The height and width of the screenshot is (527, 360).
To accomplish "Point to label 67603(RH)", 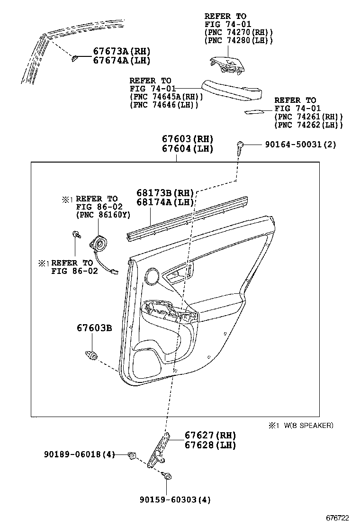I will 187,139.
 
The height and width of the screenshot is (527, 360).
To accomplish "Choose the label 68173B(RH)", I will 165,193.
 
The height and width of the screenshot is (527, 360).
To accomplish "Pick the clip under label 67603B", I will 92,354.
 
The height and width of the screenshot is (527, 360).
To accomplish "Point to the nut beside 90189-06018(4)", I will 132,456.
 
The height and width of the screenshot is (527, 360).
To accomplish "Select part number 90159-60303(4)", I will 175,500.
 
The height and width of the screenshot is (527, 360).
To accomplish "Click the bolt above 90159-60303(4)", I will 167,476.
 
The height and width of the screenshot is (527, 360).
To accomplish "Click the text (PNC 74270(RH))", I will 239,32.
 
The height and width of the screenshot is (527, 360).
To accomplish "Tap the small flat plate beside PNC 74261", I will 255,112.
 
